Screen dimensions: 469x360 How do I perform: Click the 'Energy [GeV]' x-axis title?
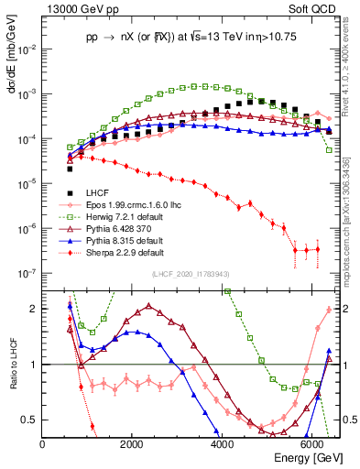click(x=307, y=457)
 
